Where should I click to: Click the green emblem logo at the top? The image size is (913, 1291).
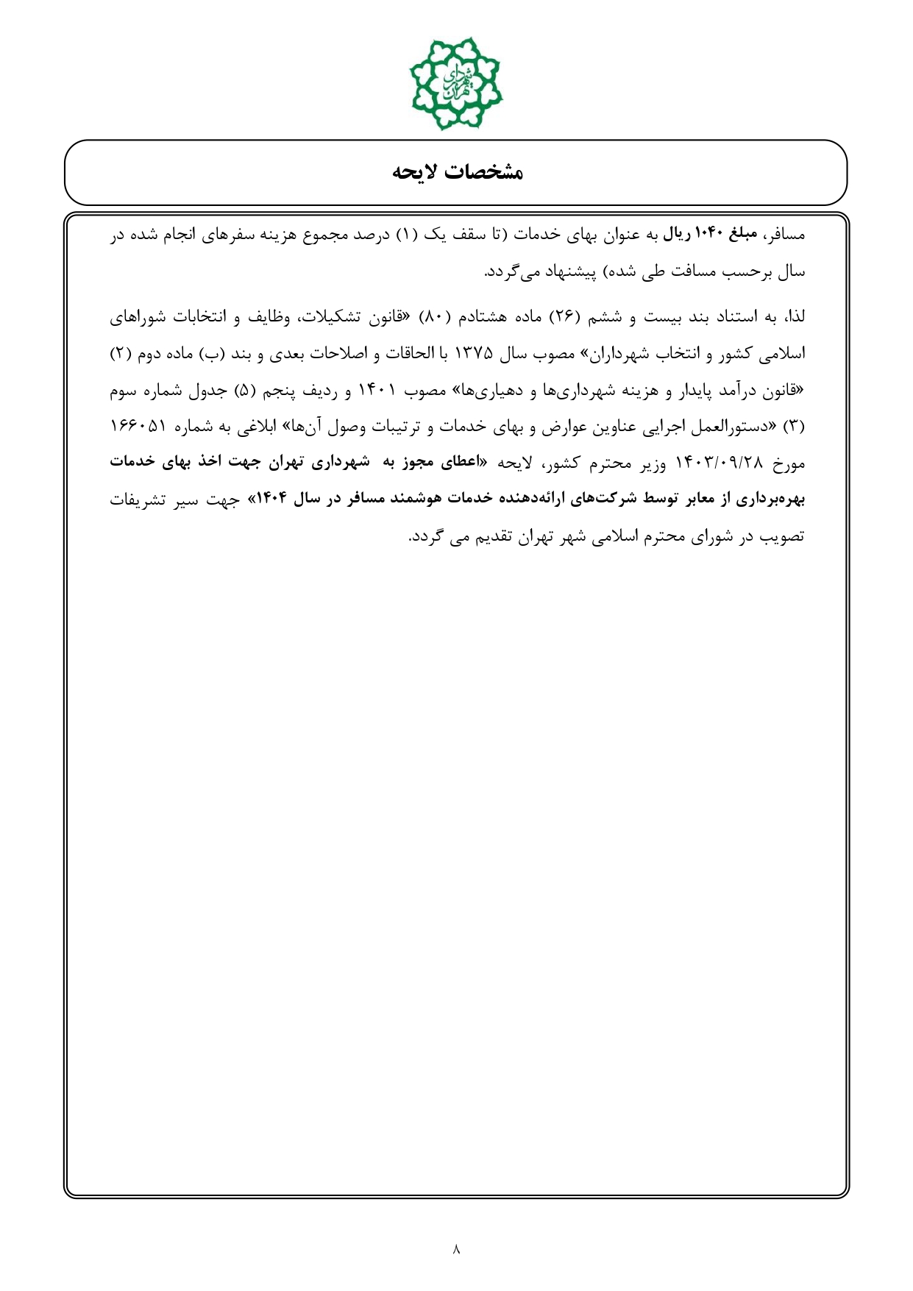click(x=456, y=83)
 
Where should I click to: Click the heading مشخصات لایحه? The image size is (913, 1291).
click(x=456, y=172)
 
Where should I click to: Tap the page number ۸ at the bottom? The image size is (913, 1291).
click(x=456, y=1248)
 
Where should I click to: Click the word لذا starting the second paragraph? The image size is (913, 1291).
click(x=795, y=317)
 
